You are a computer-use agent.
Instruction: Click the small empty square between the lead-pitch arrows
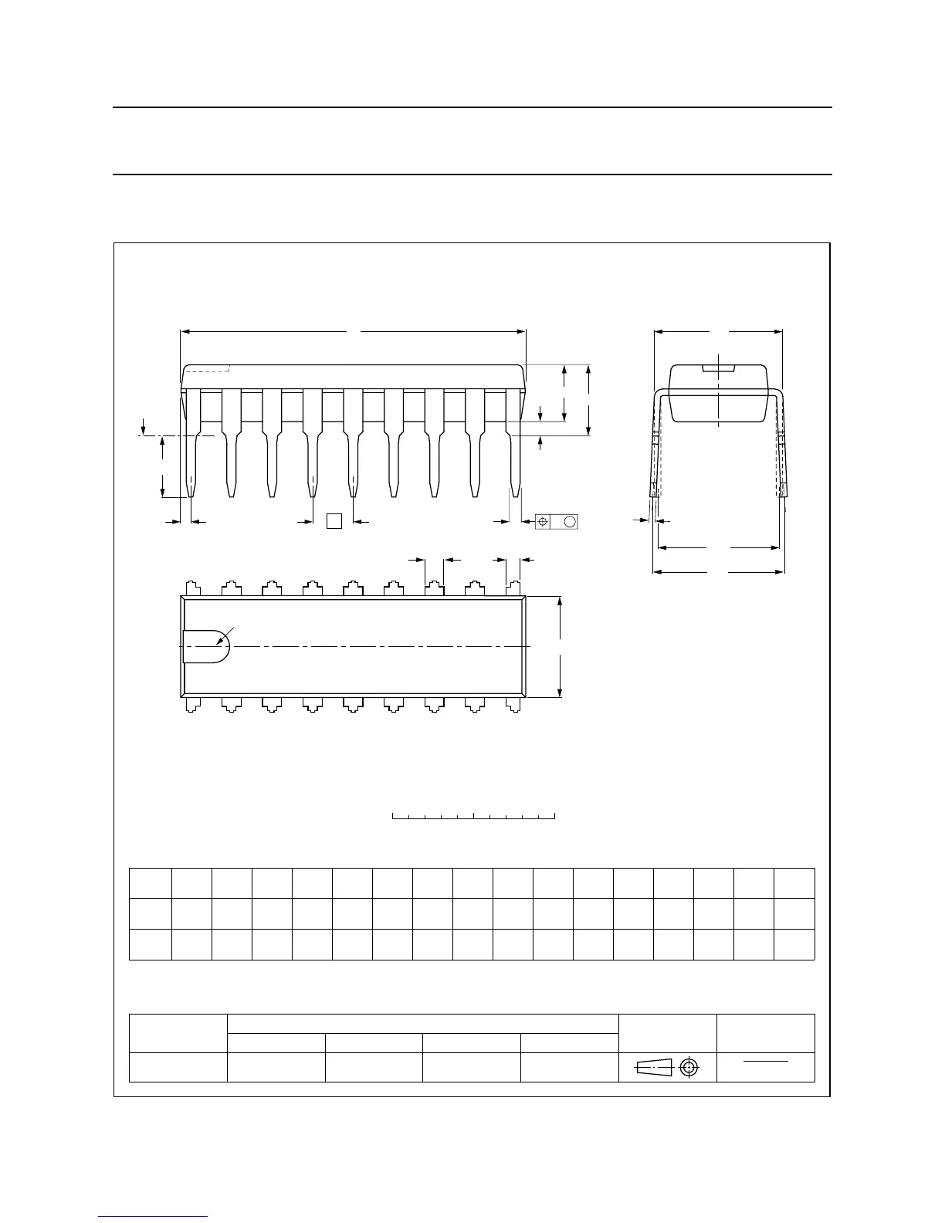(334, 521)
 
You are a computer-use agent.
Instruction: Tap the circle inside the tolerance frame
(570, 522)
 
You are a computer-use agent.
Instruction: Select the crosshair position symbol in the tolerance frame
(544, 522)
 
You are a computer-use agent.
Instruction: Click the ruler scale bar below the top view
(474, 815)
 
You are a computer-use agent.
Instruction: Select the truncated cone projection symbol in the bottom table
(654, 1067)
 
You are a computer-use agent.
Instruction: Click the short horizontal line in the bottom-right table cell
(766, 1062)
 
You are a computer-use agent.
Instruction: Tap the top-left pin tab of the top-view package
(192, 588)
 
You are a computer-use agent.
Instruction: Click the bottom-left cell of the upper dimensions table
(150, 944)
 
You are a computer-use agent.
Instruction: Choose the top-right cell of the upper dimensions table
(794, 883)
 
